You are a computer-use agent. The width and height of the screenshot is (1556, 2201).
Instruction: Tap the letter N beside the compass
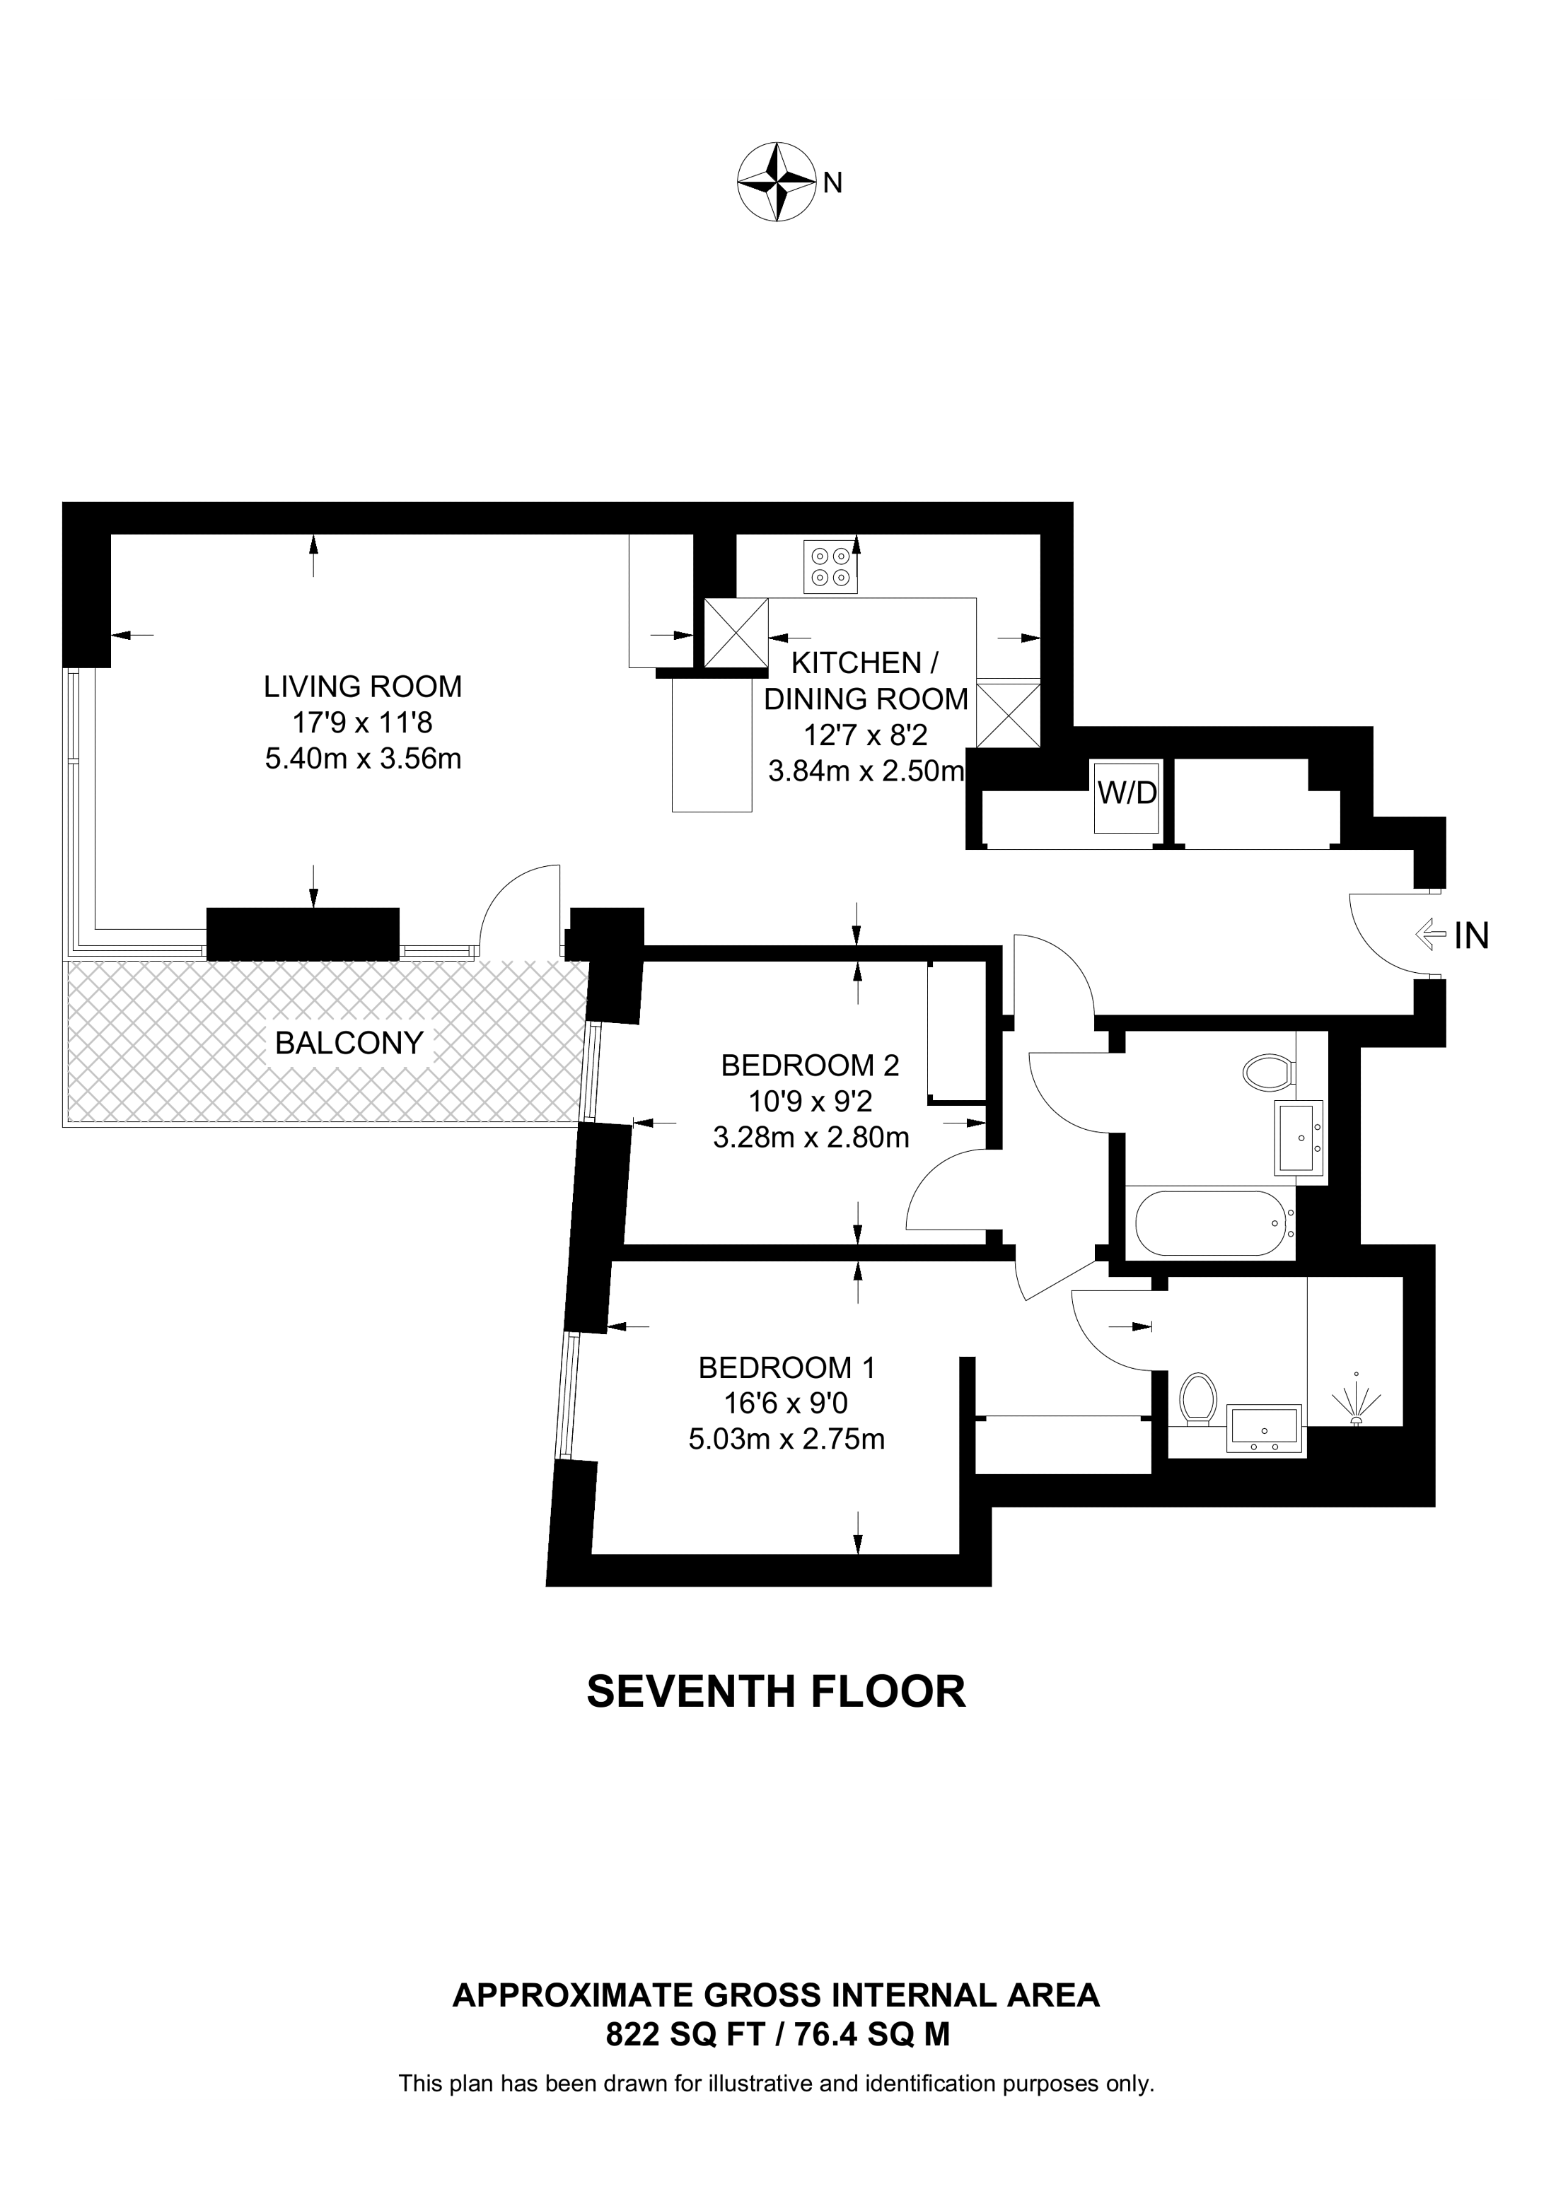pyautogui.click(x=833, y=183)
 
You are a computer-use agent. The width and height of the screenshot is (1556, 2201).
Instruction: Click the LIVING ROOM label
pyautogui.click(x=362, y=687)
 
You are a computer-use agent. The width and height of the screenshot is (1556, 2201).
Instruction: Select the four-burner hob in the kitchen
pyautogui.click(x=830, y=566)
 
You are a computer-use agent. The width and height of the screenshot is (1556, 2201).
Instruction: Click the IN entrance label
pyautogui.click(x=1472, y=935)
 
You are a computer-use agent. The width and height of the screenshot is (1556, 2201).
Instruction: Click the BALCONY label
pyautogui.click(x=349, y=1043)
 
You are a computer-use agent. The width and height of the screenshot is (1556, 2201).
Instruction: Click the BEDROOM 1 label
pyautogui.click(x=787, y=1367)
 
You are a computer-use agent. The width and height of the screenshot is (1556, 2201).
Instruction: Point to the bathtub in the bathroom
pyautogui.click(x=1214, y=1222)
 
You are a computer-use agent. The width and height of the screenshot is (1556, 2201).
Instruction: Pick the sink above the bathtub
pyautogui.click(x=1299, y=1137)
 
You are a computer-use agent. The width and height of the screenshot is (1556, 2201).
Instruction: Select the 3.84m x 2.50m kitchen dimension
pyautogui.click(x=866, y=771)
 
